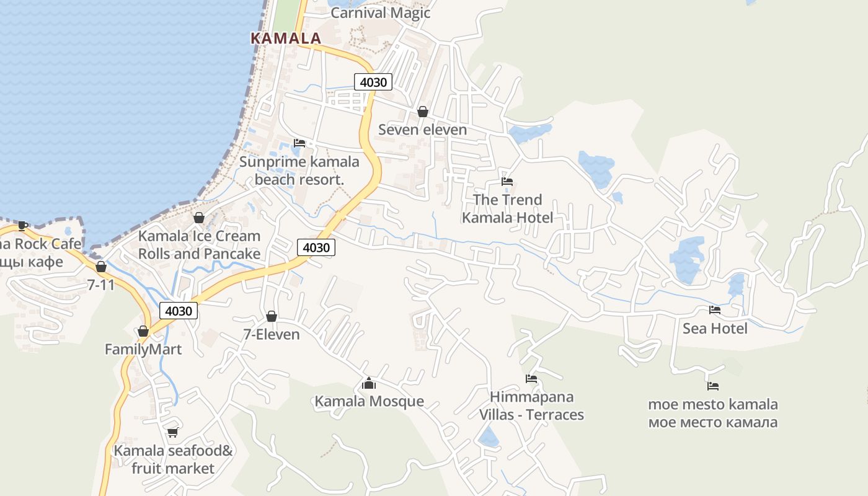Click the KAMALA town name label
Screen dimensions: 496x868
point(286,38)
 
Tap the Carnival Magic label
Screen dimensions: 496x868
point(380,13)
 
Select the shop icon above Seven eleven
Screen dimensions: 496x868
point(422,112)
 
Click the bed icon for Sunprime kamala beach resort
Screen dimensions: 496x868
point(299,143)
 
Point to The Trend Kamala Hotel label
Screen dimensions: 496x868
point(507,208)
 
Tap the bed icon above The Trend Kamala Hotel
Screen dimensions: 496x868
point(507,182)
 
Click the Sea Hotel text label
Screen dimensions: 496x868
point(715,328)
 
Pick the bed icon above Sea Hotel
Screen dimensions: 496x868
point(715,310)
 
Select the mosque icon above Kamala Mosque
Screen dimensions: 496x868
point(369,383)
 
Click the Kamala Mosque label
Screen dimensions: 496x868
point(369,401)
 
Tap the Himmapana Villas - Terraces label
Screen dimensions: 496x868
point(531,405)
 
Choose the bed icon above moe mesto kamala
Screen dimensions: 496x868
point(713,386)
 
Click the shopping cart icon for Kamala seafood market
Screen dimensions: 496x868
point(172,432)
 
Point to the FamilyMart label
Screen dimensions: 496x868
point(143,349)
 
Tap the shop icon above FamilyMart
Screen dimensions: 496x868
point(143,331)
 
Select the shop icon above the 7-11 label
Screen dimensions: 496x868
point(101,267)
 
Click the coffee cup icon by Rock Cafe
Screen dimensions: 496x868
point(23,226)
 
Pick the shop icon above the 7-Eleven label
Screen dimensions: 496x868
point(271,316)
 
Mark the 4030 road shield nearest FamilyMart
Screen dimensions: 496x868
point(179,311)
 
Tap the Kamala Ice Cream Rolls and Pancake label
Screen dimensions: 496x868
point(199,245)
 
